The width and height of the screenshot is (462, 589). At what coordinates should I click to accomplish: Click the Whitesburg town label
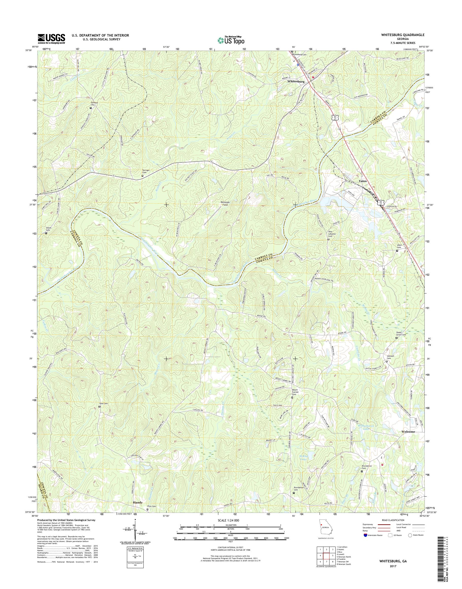(x=296, y=81)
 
